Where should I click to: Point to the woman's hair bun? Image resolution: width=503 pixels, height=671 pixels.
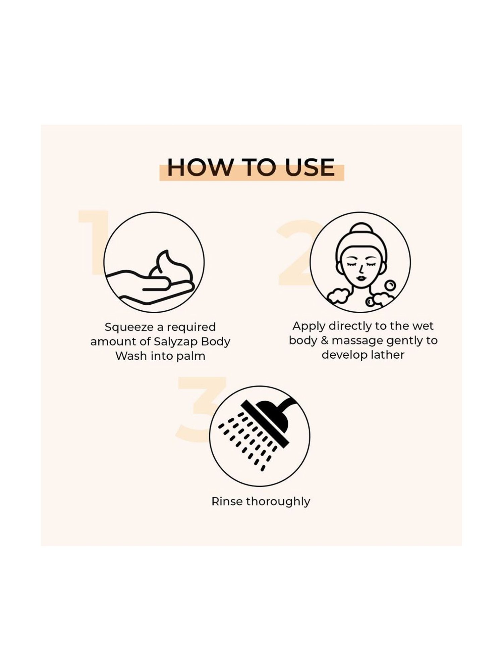361,231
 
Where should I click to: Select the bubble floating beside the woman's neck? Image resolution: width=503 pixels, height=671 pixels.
390,286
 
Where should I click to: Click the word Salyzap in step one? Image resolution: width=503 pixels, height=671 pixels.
175,342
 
